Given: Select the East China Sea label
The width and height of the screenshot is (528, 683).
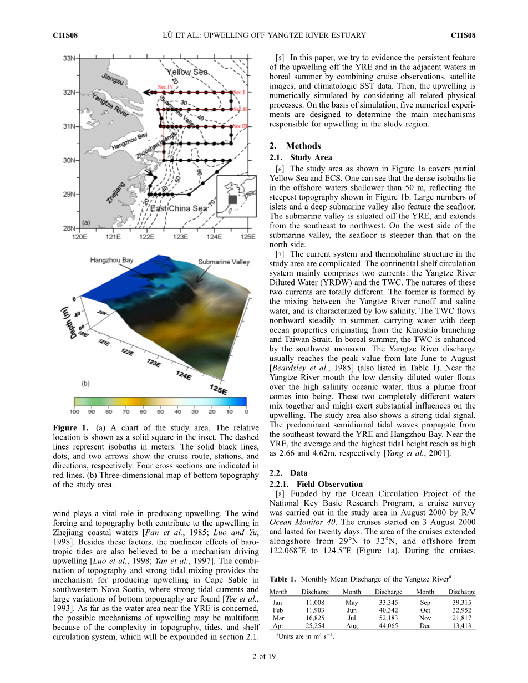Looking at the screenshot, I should coord(178,208).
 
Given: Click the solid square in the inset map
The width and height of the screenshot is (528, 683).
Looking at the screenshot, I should coord(232,199).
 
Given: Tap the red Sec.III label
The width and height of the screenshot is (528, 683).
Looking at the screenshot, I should coord(241,126).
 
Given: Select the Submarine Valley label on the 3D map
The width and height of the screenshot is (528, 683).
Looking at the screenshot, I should coord(224,262).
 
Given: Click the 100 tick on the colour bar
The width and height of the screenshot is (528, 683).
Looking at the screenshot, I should coord(74,411).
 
